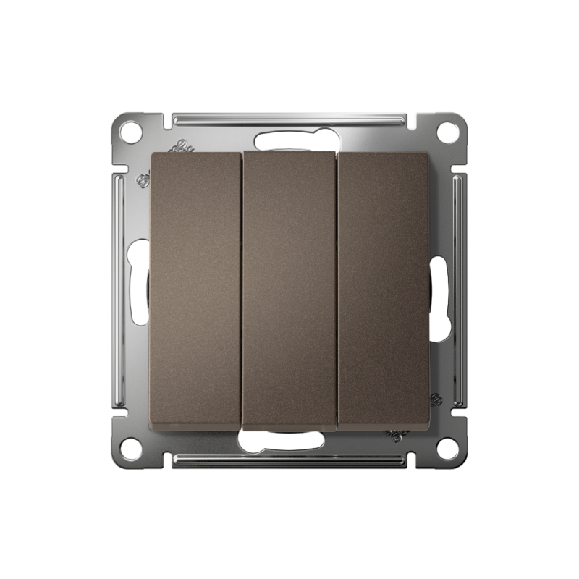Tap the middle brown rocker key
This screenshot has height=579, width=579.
(x=289, y=289)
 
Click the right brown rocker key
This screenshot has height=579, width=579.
(x=385, y=289)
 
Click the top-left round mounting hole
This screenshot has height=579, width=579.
(x=130, y=132)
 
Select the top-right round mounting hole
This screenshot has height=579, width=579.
(x=448, y=132)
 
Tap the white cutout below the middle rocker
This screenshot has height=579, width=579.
(x=289, y=440)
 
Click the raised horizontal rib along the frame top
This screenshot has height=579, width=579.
(x=289, y=118)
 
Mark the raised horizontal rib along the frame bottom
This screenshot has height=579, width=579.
(x=289, y=460)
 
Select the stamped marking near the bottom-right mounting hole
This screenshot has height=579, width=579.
(x=397, y=434)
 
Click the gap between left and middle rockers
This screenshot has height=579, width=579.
(x=242, y=289)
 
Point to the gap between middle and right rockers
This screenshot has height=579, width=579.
(x=337, y=289)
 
